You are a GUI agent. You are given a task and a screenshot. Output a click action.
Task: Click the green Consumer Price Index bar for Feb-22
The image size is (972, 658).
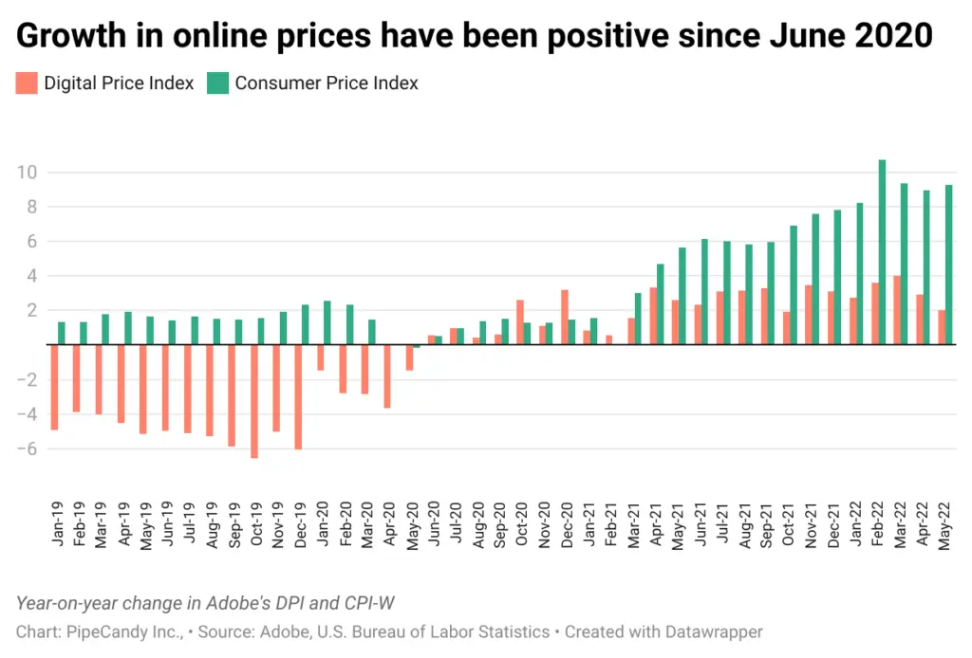882,252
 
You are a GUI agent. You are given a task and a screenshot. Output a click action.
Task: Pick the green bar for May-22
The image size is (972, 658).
949,265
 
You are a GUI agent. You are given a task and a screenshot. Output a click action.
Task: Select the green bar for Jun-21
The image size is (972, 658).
704,292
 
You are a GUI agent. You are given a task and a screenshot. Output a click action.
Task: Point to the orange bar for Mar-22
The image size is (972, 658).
896,310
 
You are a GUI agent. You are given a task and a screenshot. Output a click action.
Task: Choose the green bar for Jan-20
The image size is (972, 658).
327,322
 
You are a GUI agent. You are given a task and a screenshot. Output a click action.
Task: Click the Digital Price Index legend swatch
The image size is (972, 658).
28,83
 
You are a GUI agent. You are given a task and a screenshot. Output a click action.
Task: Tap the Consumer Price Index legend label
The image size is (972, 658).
327,83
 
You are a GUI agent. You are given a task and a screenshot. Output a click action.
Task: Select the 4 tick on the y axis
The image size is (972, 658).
30,276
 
